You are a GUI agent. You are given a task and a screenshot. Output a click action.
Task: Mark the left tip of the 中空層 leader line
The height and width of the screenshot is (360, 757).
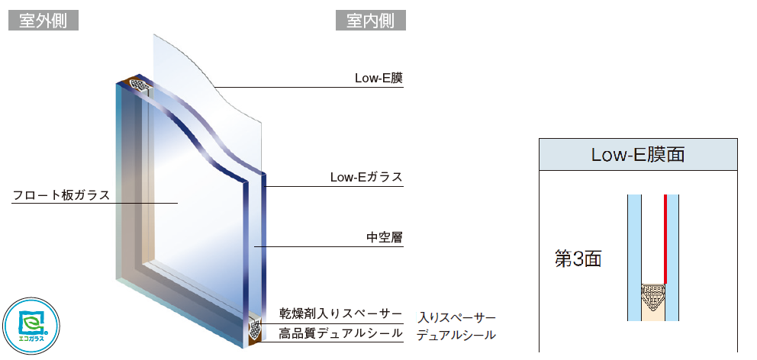point(254,247)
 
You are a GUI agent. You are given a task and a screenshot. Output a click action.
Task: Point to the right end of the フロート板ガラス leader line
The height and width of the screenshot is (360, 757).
point(178,203)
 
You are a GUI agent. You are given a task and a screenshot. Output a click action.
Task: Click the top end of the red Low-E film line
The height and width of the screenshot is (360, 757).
point(665,195)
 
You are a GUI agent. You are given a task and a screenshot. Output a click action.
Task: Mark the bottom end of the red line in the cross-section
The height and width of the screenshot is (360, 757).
point(665,283)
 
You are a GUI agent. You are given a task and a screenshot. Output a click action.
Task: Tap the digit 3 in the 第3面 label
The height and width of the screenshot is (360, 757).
point(578,259)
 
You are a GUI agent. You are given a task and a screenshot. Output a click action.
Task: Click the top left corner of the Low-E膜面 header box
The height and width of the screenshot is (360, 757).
point(540,139)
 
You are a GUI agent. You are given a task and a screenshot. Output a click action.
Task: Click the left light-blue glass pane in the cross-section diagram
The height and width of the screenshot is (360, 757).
point(634,258)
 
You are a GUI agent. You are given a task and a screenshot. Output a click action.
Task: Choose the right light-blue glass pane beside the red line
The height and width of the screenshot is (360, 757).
point(673,258)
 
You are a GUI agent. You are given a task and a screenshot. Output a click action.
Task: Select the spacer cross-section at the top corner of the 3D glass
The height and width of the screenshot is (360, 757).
point(140,86)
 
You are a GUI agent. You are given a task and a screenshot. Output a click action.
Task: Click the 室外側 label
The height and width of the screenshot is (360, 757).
point(43,21)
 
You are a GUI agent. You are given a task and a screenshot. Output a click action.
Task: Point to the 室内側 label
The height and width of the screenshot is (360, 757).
point(371,21)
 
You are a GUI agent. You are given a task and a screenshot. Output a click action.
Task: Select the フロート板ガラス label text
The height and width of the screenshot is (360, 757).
point(61,195)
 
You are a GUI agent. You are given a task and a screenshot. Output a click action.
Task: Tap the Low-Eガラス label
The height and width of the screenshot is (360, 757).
point(366,177)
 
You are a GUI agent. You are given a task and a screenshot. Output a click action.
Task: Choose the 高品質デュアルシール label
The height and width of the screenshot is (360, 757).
point(340,333)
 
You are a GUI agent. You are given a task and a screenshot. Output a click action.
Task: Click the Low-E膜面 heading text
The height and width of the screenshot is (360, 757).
point(638,155)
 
